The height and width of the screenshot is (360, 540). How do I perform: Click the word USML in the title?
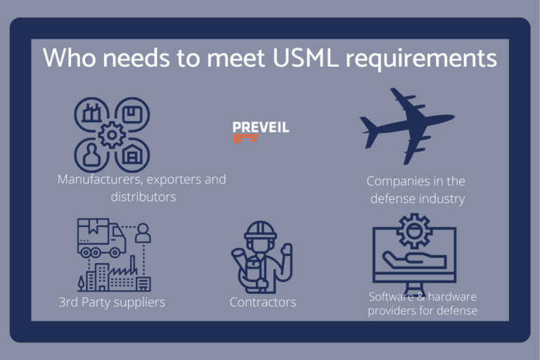pyautogui.click(x=304, y=58)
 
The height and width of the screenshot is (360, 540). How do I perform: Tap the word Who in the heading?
pyautogui.click(x=69, y=58)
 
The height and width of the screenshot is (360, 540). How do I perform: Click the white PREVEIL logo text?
pyautogui.click(x=261, y=127)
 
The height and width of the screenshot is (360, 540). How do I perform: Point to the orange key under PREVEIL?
pyautogui.click(x=245, y=139)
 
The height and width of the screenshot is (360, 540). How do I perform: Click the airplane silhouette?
pyautogui.click(x=407, y=126)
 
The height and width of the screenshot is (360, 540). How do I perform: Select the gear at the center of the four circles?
pyautogui.click(x=112, y=135)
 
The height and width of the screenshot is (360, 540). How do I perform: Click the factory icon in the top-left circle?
pyautogui.click(x=91, y=112)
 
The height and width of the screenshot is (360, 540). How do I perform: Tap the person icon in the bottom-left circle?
pyautogui.click(x=91, y=155)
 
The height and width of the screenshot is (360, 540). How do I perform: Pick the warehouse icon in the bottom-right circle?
pyautogui.click(x=132, y=154)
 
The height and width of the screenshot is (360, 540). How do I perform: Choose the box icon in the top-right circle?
pyautogui.click(x=133, y=115)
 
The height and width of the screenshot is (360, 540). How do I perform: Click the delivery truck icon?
pyautogui.click(x=101, y=238)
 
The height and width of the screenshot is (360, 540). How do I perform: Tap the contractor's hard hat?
pyautogui.click(x=260, y=230)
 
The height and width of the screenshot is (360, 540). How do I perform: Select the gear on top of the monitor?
pyautogui.click(x=414, y=231)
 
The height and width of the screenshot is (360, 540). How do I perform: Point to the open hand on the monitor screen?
pyautogui.click(x=414, y=261)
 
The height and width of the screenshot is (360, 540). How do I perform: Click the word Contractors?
pyautogui.click(x=263, y=302)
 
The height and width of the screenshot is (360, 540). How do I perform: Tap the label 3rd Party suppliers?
pyautogui.click(x=112, y=302)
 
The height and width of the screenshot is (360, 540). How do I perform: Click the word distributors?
pyautogui.click(x=143, y=197)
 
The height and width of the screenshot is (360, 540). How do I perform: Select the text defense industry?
pyautogui.click(x=418, y=199)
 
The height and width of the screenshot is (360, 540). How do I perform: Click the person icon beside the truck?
pyautogui.click(x=143, y=233)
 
